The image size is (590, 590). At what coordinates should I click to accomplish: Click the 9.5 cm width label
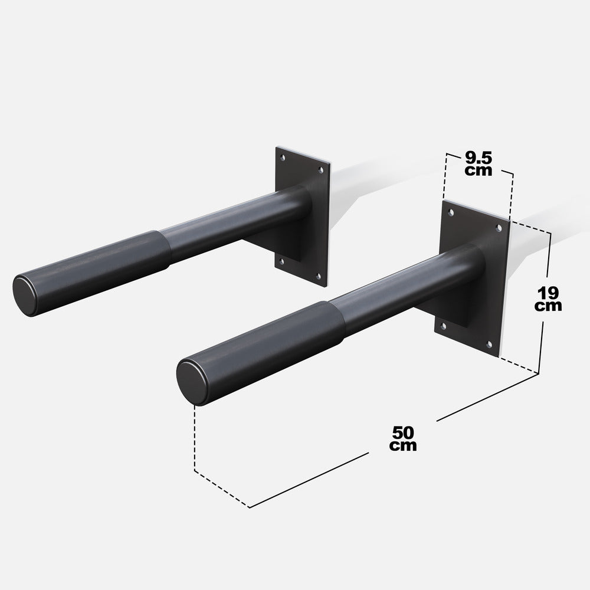point(478,163)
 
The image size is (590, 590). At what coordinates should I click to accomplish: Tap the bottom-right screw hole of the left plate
point(319,274)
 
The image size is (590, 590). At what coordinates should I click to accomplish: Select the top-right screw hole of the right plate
point(499,227)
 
